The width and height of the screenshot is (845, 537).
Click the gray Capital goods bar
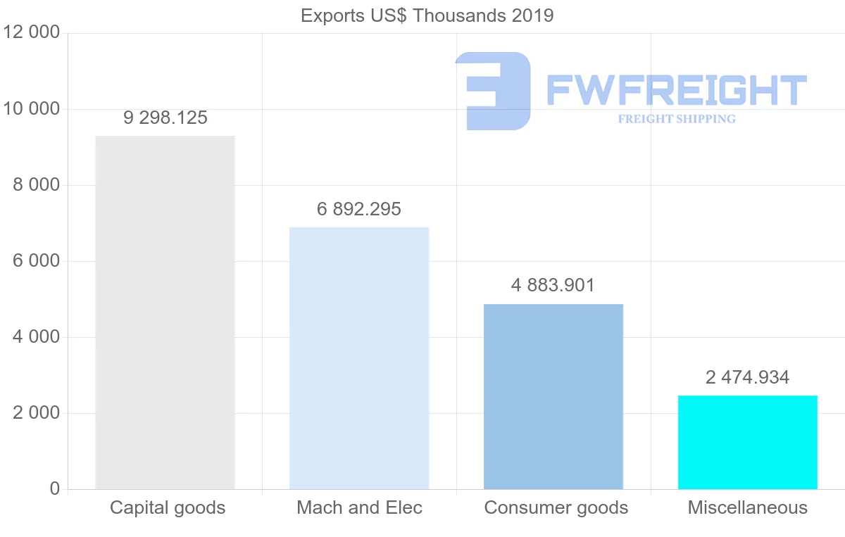(165, 312)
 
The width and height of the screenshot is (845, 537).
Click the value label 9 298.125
(165, 118)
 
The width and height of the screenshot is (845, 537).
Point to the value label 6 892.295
(359, 209)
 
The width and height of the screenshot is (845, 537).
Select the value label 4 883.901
(553, 285)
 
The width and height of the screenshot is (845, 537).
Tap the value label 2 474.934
(748, 377)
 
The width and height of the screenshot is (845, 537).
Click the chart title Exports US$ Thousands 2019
(427, 15)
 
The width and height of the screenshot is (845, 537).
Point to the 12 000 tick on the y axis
(32, 33)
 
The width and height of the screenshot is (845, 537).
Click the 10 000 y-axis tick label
(32, 109)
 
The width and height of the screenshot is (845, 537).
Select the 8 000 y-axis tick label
(37, 185)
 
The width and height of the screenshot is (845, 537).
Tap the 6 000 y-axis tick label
(37, 261)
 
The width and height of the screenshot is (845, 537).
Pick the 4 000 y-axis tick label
(37, 337)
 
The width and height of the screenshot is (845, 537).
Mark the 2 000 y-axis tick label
(37, 413)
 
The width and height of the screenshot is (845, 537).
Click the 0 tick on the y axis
(55, 489)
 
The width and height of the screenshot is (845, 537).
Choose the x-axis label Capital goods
(168, 507)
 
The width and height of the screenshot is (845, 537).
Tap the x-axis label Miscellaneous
(748, 507)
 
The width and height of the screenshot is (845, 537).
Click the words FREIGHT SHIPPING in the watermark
(677, 119)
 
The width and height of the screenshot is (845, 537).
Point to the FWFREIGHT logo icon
(493, 91)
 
